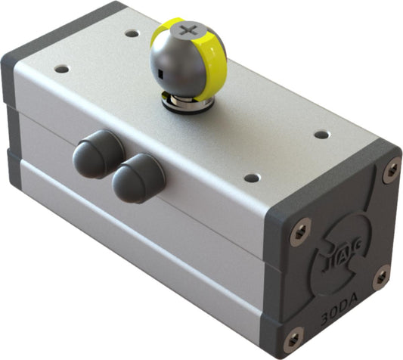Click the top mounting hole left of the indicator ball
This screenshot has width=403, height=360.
pyautogui.click(x=132, y=34)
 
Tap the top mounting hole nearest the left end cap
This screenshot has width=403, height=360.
pyautogui.click(x=62, y=69)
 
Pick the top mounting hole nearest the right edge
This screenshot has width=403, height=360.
pyautogui.click(x=321, y=135)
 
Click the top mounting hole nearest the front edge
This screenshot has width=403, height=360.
pyautogui.click(x=251, y=178)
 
